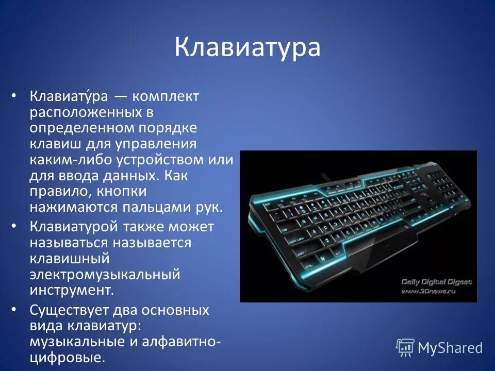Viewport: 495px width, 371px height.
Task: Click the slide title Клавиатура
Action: (x=247, y=48)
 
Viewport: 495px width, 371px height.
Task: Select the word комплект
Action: (x=166, y=96)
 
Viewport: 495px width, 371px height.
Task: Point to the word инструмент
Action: (x=71, y=290)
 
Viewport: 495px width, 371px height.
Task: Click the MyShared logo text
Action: (x=450, y=348)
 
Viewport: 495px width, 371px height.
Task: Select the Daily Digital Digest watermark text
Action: (x=436, y=282)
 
